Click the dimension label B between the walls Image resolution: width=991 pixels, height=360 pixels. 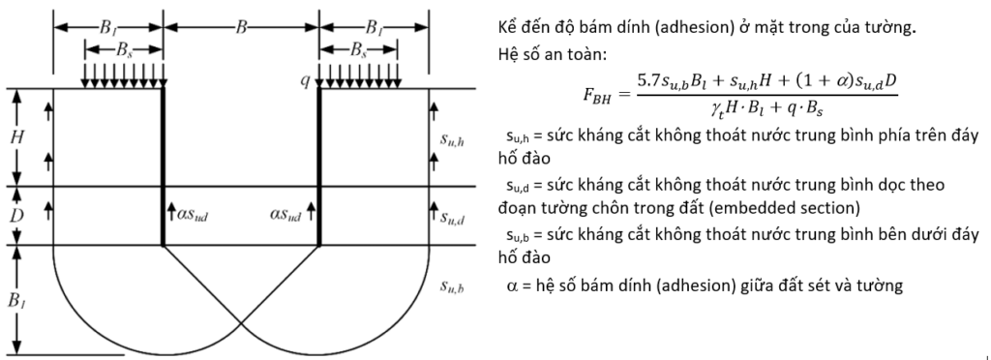[x=241, y=28]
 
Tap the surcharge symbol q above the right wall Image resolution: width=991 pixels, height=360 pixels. [x=308, y=81]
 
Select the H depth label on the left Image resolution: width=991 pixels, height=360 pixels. [x=16, y=137]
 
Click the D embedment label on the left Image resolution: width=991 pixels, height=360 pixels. [x=16, y=216]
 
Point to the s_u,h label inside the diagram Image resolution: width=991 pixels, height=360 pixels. [x=453, y=140]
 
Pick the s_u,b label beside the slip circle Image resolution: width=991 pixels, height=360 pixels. [x=453, y=287]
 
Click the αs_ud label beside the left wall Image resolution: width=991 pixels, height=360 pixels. [x=191, y=216]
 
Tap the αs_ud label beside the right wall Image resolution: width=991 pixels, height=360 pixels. [x=285, y=216]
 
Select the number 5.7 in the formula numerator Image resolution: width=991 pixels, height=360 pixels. [x=649, y=81]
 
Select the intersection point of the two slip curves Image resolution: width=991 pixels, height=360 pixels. [x=241, y=324]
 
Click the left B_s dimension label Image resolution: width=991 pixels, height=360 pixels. [x=124, y=49]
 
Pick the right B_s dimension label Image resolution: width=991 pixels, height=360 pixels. [x=358, y=49]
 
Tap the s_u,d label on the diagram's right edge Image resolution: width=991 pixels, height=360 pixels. [x=453, y=219]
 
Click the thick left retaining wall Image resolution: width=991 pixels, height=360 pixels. [x=163, y=166]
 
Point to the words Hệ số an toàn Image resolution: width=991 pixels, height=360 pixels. [x=552, y=54]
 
